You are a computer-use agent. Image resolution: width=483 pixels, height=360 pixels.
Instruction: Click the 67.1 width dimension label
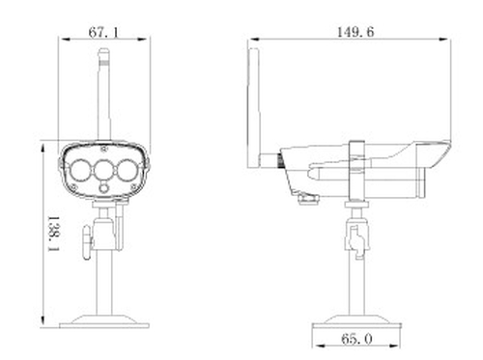103,32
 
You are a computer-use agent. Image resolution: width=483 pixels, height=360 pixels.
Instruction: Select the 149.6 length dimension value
355,32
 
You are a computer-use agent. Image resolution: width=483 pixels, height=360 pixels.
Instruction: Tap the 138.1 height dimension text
53,234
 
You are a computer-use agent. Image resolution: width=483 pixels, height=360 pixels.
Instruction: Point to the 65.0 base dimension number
356,339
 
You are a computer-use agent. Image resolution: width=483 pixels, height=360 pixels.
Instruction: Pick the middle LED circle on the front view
103,170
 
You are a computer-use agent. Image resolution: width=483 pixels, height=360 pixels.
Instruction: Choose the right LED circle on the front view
128,170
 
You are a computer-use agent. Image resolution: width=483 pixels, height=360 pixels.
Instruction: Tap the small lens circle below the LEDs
103,187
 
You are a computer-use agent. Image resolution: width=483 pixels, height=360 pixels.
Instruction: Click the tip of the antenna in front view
104,49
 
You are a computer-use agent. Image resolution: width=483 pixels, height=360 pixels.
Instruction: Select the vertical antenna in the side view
254,108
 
